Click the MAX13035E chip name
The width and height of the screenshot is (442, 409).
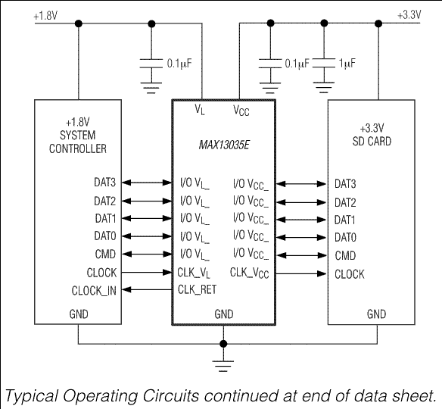(x=224, y=145)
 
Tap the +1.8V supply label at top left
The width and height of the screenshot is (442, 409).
(x=45, y=16)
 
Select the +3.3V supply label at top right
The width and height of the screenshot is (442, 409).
(x=409, y=14)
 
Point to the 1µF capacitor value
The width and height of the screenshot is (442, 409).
(x=347, y=64)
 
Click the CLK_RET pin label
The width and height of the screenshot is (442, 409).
(x=197, y=289)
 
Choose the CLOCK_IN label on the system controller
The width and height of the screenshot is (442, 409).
(x=94, y=291)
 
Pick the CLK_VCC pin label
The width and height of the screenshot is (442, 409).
(x=249, y=273)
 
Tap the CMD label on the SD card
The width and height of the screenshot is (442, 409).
(x=345, y=255)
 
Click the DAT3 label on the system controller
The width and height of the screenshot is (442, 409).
(x=105, y=183)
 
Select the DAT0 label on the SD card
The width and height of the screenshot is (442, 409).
(x=345, y=237)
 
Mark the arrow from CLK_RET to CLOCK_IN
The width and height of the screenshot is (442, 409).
(x=147, y=289)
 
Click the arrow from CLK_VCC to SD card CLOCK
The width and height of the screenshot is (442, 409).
(x=300, y=273)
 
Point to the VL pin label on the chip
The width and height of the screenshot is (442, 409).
(x=200, y=109)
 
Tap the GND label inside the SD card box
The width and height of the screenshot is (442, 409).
(x=376, y=314)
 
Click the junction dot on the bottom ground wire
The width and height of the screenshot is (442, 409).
(x=223, y=344)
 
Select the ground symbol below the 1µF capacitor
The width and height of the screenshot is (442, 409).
(x=324, y=87)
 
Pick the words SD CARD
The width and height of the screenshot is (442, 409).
(x=372, y=142)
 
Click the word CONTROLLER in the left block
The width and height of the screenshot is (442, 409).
(x=78, y=148)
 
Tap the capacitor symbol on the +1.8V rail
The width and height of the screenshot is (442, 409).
(x=151, y=64)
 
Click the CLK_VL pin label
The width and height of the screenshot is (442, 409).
(x=194, y=273)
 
